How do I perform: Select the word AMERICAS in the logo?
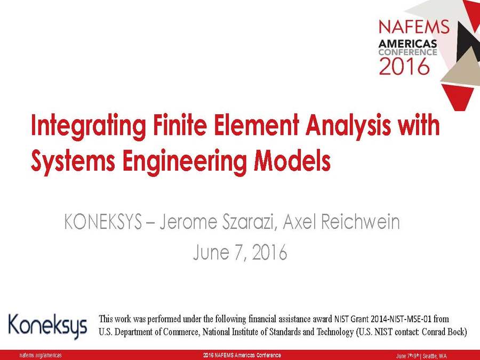(408, 43)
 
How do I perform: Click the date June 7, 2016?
(239, 252)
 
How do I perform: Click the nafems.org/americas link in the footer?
(41, 356)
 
